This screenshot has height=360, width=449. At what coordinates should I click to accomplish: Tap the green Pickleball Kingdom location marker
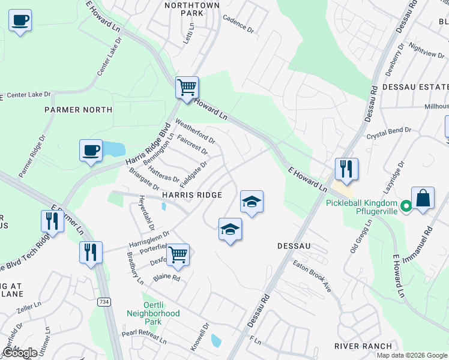(x=406, y=208)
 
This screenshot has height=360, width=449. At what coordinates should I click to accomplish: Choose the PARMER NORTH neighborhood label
(x=78, y=110)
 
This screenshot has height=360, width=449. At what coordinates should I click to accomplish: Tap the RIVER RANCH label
(x=364, y=346)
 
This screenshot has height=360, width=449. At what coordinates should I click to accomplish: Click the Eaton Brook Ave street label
(x=312, y=275)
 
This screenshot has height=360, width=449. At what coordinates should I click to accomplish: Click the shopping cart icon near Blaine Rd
(x=178, y=254)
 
